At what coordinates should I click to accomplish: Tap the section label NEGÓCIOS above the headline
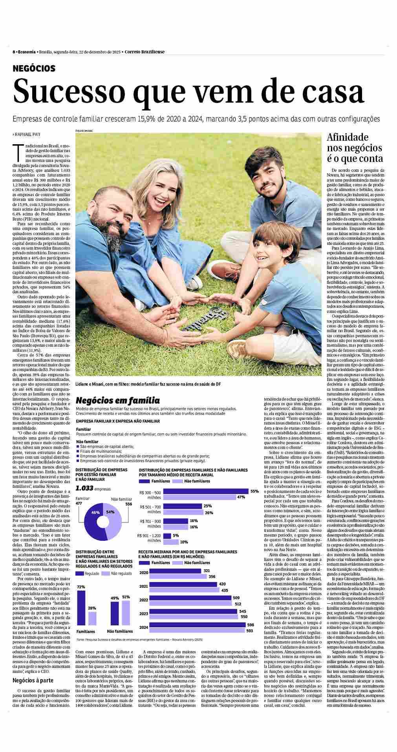[34, 69]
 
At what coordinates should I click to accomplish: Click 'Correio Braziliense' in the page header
[145, 52]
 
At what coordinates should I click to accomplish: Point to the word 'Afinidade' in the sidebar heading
[348, 138]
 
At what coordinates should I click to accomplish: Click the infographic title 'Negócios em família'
[117, 401]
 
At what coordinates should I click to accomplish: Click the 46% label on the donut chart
[95, 513]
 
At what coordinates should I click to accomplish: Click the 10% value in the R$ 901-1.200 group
[184, 542]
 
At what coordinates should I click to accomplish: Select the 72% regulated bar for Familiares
[81, 610]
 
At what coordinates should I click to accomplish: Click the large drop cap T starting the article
[16, 151]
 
